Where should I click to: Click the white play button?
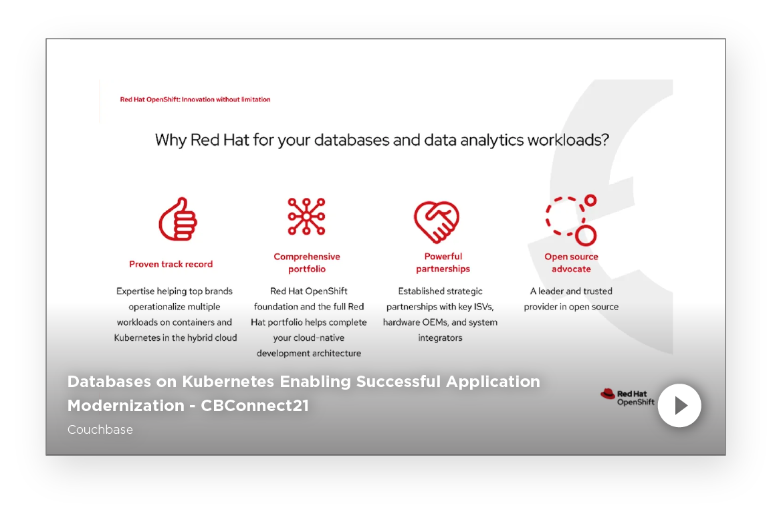click(x=679, y=406)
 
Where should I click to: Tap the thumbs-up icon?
click(x=178, y=219)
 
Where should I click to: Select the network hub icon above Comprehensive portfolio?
click(x=306, y=216)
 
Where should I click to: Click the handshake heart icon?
click(x=437, y=222)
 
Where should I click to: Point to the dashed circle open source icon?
click(x=571, y=221)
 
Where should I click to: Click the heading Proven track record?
click(x=171, y=264)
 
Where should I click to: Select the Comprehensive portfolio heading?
click(x=307, y=263)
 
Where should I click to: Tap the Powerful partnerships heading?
click(x=443, y=263)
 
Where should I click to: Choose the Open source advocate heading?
click(x=571, y=263)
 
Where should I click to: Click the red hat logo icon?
click(x=608, y=394)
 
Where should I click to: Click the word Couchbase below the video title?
click(x=100, y=429)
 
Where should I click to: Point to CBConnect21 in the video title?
click(x=255, y=406)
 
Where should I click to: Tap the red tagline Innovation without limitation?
click(x=226, y=100)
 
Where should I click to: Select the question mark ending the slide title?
click(x=605, y=140)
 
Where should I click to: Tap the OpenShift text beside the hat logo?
click(x=635, y=402)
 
